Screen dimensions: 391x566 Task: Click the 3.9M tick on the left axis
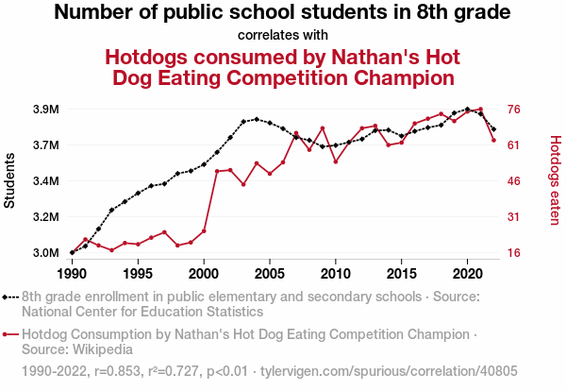pos(45,110)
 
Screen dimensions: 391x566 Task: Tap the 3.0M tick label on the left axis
pos(45,253)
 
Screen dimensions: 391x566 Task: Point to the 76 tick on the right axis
pos(515,110)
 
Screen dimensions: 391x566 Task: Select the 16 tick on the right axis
pos(515,253)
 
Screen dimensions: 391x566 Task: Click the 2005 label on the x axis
pos(270,274)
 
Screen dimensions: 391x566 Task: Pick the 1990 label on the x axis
pos(72,274)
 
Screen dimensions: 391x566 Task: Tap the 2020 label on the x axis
pos(468,274)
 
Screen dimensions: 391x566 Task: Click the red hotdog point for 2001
pos(217,171)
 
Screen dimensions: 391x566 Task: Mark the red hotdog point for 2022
pos(494,141)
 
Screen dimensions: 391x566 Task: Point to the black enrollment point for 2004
pos(257,119)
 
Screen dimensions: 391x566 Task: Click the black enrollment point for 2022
pos(494,128)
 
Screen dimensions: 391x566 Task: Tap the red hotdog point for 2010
pos(336,161)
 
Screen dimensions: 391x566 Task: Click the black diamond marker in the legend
pos(10,297)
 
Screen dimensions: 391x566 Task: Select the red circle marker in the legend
pos(10,334)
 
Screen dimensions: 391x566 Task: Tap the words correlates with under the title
pos(283,36)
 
